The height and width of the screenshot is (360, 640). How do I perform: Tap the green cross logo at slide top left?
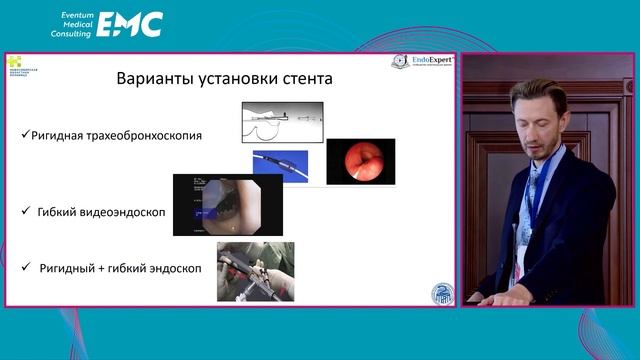click(14, 61)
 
